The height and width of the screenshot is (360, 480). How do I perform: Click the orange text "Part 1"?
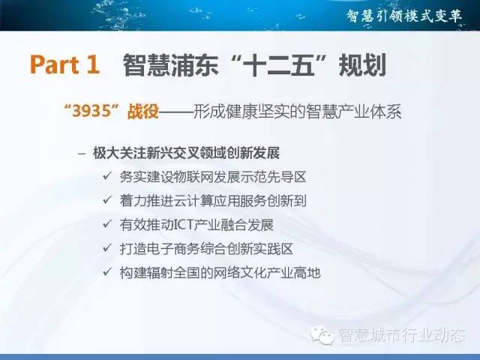[65, 64]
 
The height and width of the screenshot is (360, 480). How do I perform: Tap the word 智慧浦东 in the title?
[171, 65]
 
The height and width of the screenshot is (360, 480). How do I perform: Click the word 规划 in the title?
[361, 65]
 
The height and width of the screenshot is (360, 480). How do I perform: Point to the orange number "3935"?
[91, 111]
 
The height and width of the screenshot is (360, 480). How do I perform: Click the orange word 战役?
[143, 111]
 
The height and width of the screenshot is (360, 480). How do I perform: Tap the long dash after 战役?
[176, 112]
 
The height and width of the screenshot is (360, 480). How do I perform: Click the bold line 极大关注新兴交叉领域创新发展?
[187, 153]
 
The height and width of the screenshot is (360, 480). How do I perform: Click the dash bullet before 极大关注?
[82, 153]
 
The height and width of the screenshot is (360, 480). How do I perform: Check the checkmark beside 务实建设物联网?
[106, 176]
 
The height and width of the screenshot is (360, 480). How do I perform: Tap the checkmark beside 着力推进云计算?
[106, 200]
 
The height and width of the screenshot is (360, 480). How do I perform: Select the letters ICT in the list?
[183, 225]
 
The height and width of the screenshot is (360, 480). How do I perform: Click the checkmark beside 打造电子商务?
[106, 247]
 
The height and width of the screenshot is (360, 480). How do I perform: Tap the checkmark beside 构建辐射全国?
[106, 271]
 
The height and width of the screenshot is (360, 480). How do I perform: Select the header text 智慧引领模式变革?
[404, 16]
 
